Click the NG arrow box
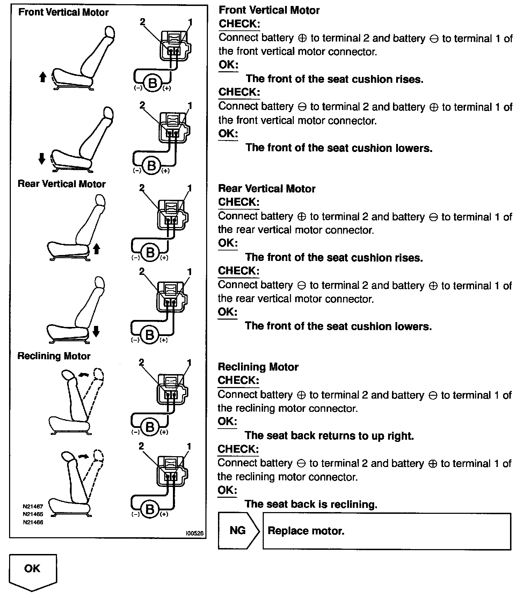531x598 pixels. [x=238, y=531]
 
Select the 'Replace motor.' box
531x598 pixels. [x=386, y=531]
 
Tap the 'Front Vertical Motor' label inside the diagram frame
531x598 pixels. [x=63, y=13]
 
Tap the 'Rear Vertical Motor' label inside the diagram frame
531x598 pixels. [x=61, y=184]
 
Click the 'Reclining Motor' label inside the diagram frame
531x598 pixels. [x=54, y=356]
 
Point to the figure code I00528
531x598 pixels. [x=195, y=533]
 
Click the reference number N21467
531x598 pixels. [x=33, y=506]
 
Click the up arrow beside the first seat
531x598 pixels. [x=43, y=76]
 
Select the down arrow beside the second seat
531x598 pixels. [x=42, y=159]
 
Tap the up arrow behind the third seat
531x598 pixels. [x=97, y=249]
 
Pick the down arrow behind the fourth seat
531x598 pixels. [x=96, y=331]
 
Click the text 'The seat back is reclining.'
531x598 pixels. [x=311, y=504]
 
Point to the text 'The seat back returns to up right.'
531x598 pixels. [x=329, y=436]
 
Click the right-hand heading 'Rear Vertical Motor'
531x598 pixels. [x=267, y=189]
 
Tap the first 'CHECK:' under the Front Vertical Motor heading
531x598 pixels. [x=239, y=24]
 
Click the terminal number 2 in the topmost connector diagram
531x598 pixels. [x=142, y=22]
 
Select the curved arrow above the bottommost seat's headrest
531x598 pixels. [x=83, y=456]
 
